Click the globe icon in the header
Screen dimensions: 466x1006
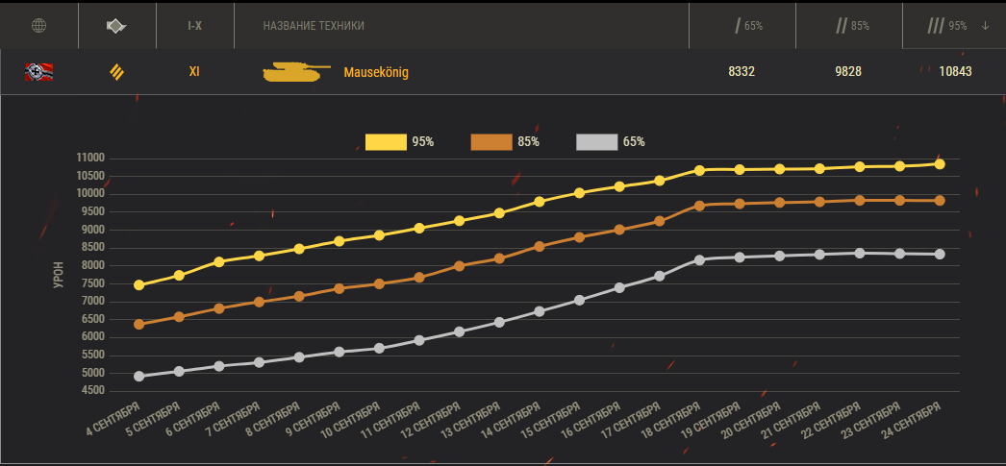click(39, 25)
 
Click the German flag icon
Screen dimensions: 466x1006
click(39, 70)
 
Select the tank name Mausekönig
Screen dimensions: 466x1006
click(376, 72)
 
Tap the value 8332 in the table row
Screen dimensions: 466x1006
click(742, 71)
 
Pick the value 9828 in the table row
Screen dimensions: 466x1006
click(847, 71)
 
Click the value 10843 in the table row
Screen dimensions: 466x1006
click(956, 71)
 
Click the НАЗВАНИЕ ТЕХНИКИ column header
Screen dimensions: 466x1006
click(314, 25)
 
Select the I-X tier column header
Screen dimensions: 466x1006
click(194, 25)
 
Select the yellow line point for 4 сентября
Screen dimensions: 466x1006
click(139, 285)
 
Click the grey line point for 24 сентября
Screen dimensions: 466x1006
click(940, 255)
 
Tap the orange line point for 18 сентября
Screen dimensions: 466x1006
click(699, 206)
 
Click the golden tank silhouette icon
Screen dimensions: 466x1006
click(295, 71)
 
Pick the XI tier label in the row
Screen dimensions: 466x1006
click(194, 71)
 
